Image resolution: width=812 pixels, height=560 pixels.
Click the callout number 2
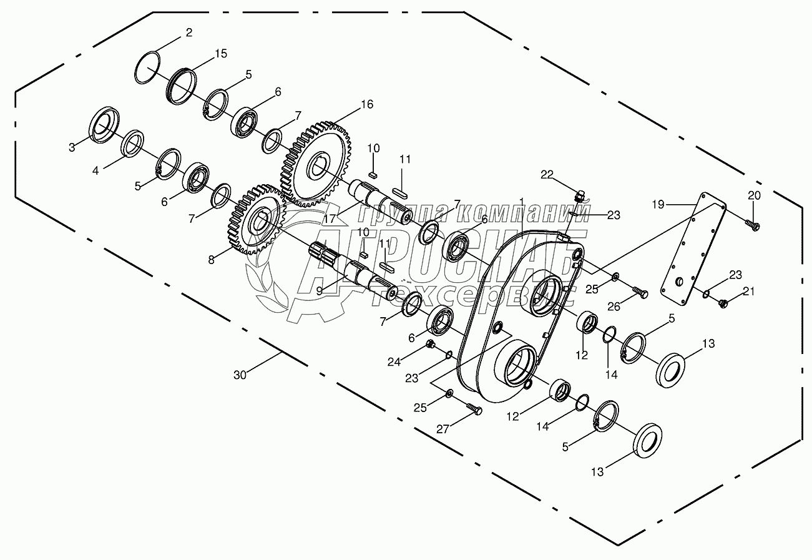click(189, 32)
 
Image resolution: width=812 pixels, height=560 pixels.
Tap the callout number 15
click(221, 54)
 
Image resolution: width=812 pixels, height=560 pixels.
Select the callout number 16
click(367, 104)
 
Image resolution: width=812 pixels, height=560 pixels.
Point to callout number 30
click(240, 375)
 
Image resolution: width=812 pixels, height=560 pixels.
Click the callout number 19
click(658, 205)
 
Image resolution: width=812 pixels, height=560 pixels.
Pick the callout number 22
click(547, 175)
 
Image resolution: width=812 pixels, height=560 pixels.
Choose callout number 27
click(443, 430)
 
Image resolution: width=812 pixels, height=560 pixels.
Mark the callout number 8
click(212, 260)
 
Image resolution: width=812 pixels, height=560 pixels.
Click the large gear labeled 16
click(316, 164)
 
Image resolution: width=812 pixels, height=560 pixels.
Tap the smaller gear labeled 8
click(258, 219)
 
